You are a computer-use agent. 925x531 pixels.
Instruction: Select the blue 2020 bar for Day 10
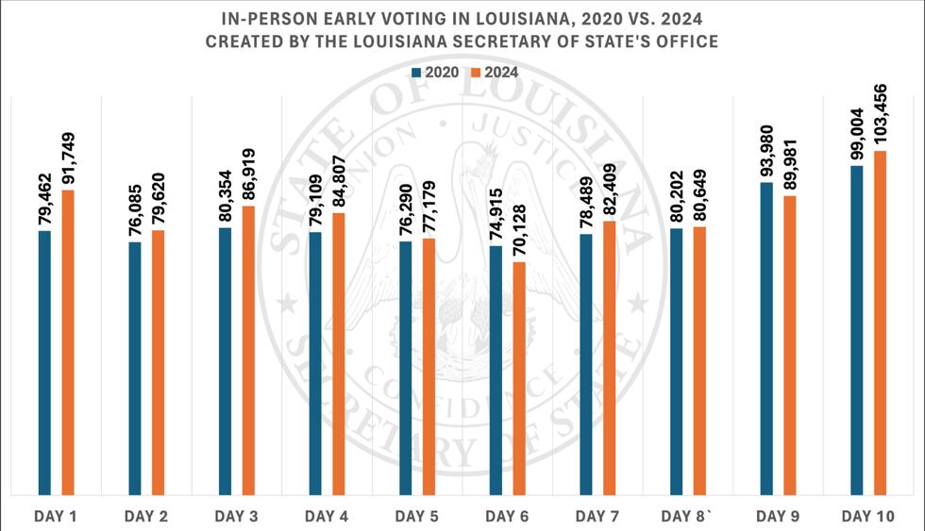coord(857,330)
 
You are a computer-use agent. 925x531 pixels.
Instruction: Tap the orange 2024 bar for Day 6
coord(519,377)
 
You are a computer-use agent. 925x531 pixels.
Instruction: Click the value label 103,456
coord(880,113)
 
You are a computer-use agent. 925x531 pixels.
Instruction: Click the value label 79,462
coord(44,192)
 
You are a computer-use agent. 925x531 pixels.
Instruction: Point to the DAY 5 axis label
coord(417,516)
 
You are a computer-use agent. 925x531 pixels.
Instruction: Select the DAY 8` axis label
coord(688,516)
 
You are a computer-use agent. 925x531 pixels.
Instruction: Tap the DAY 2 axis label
coord(146,516)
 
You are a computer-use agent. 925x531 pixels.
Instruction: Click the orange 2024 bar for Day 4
coord(339,354)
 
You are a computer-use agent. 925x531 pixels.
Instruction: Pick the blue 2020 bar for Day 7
coord(586,364)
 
